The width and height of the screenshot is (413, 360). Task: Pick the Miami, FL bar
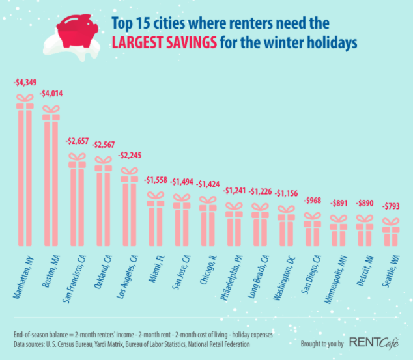click(156, 221)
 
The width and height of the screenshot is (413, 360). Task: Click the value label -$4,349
click(25, 83)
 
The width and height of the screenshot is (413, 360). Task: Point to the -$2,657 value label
click(78, 141)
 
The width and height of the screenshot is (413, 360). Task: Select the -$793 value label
click(391, 206)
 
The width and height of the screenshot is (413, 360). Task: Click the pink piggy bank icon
click(76, 27)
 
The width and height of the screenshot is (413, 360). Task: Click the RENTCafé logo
click(373, 341)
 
